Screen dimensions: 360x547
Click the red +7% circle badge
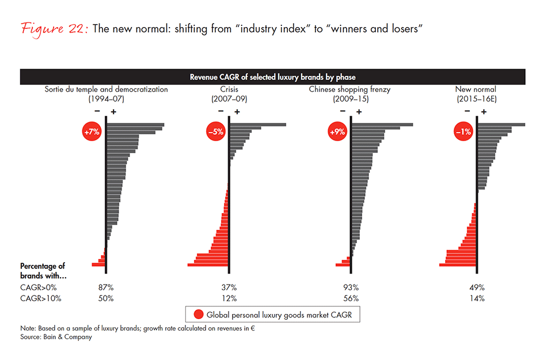[92, 132]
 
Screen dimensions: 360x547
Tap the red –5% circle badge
[216, 132]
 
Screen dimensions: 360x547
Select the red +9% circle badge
[338, 132]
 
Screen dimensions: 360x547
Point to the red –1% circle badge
[464, 132]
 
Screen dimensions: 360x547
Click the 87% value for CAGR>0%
[106, 287]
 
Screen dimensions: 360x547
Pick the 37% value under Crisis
[229, 287]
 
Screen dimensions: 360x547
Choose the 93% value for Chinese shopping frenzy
[351, 287]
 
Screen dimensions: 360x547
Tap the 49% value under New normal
[477, 287]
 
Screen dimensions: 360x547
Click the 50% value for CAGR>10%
[106, 298]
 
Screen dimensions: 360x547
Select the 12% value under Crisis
[229, 298]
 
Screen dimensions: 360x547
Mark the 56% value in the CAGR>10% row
[351, 298]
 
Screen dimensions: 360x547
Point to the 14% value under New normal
[477, 298]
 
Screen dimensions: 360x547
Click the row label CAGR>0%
[38, 287]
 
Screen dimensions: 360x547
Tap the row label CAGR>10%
[40, 298]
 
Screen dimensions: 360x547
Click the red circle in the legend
[199, 314]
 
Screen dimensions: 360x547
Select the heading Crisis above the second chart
[229, 89]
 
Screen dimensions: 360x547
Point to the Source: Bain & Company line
[56, 338]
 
